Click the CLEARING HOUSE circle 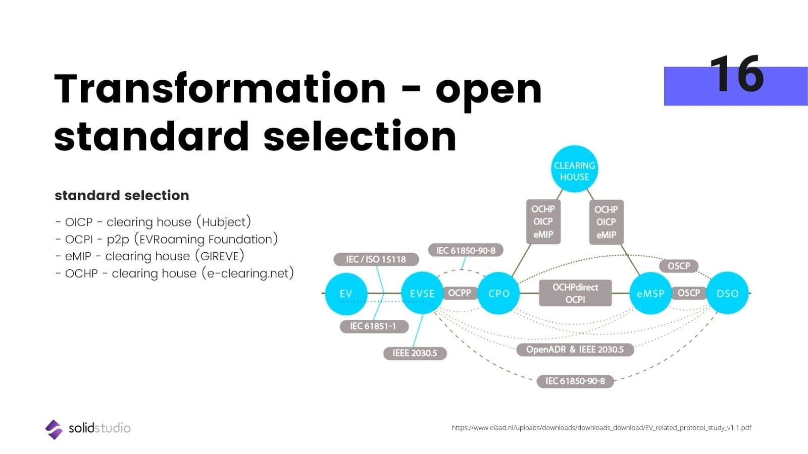574,171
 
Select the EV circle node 346,294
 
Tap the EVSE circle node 422,294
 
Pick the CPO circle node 498,294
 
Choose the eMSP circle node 650,294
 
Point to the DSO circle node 727,294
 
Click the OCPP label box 460,293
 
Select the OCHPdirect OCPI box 575,293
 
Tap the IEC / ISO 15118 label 376,259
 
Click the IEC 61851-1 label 373,326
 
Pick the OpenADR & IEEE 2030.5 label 575,350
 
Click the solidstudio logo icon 54,429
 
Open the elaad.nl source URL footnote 601,428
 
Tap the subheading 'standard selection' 122,195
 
